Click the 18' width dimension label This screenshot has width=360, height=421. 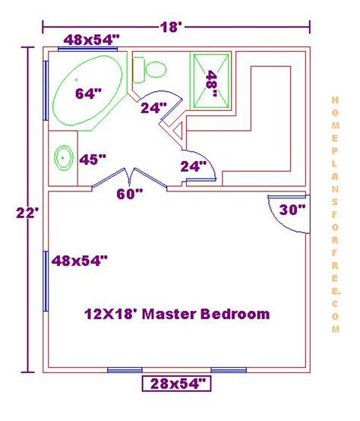click(x=171, y=27)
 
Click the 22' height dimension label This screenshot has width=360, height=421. click(x=27, y=214)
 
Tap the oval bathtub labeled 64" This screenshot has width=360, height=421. click(x=87, y=91)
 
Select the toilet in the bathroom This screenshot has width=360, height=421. click(x=150, y=70)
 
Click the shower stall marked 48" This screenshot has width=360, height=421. click(x=211, y=81)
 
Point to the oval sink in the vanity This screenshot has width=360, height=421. click(x=64, y=158)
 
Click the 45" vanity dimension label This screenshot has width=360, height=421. click(x=93, y=160)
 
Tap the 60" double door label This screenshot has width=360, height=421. click(x=130, y=194)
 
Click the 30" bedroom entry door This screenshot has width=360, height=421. click(x=289, y=214)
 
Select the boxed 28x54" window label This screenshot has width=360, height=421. click(x=176, y=384)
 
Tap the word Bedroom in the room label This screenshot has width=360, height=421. click(x=235, y=314)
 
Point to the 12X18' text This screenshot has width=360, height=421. click(x=112, y=314)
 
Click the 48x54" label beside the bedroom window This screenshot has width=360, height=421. click(x=80, y=261)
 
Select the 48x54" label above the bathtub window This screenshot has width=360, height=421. click(x=91, y=40)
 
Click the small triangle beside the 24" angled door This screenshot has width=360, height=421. click(x=178, y=131)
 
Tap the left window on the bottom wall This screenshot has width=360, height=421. click(x=125, y=370)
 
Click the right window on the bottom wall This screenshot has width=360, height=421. click(x=229, y=370)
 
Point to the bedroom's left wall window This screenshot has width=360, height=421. click(x=46, y=281)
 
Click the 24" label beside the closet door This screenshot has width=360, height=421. click(x=194, y=166)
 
